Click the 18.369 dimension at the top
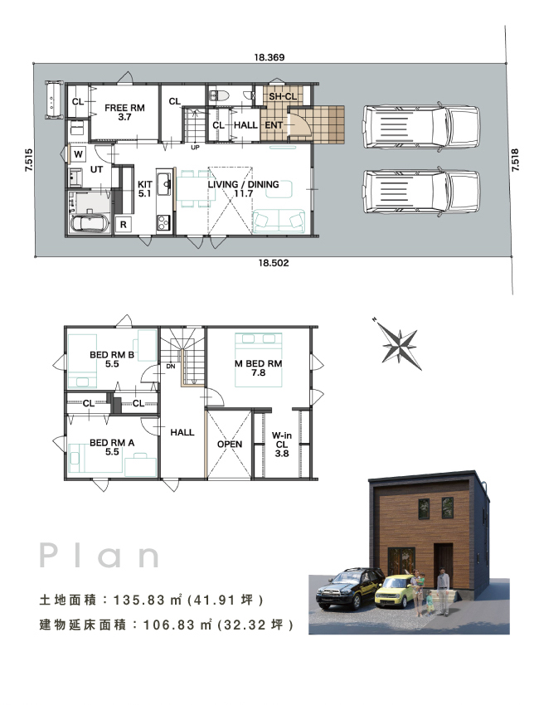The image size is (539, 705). coord(269,57)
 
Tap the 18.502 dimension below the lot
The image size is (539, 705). coord(274,263)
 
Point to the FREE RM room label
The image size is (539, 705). coord(124,108)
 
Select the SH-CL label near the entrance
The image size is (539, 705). coord(283,97)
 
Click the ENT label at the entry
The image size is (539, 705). coord(274,125)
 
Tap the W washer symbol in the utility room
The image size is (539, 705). coord(78,154)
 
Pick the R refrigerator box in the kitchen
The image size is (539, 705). coord(124,225)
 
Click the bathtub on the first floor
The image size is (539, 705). coord(90,224)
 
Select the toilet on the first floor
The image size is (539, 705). coord(221,95)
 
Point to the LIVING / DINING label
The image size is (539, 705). coord(243,184)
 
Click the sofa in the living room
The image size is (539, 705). coord(279,221)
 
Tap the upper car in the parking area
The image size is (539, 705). coord(422,127)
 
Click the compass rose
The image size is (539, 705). coord(398,344)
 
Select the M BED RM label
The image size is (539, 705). coord(259,364)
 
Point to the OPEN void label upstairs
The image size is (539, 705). coord(230,445)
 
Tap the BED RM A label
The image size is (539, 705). coord(112,443)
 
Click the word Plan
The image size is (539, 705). coord(100,555)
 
